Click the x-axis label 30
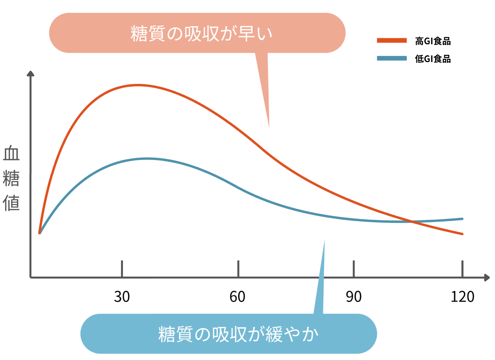[121, 297]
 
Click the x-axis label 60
[237, 297]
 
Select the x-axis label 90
[354, 297]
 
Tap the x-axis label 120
[462, 297]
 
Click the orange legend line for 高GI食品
[392, 40]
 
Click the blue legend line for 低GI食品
[392, 59]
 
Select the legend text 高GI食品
[433, 41]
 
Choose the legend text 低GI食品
[433, 59]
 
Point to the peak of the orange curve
[138, 85]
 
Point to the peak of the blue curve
[148, 158]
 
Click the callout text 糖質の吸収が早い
[202, 33]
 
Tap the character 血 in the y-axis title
[11, 154]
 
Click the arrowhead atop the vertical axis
[30, 74]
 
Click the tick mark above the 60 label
[238, 268]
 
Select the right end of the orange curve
[462, 234]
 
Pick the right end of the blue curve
[462, 219]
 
